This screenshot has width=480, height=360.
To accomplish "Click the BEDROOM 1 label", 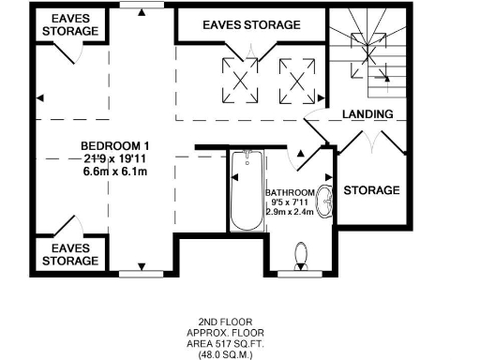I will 115,146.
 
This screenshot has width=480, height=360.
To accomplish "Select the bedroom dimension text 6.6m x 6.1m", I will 115,172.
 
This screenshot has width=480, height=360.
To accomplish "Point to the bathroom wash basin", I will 325,202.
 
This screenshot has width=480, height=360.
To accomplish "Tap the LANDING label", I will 367,114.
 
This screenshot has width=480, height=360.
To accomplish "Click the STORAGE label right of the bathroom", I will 371,190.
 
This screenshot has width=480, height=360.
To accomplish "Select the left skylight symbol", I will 239,78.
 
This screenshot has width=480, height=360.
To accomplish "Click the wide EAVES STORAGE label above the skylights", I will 252,25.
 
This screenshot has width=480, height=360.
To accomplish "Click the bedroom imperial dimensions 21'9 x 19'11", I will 115,159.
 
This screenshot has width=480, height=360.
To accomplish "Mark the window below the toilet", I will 302,273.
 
